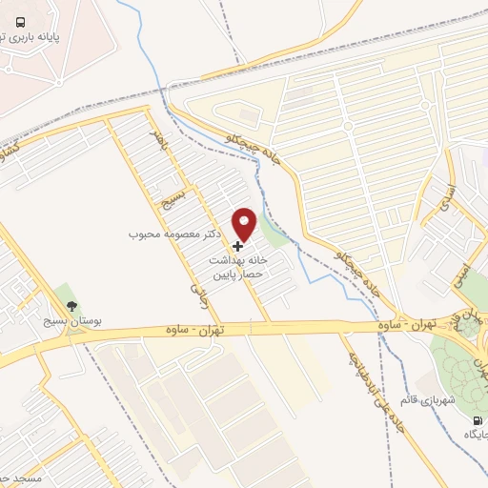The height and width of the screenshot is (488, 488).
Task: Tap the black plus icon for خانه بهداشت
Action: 237,246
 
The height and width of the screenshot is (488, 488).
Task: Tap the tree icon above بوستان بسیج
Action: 71,306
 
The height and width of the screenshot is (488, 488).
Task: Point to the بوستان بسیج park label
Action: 71,323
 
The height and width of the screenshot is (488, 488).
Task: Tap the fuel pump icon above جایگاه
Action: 475,419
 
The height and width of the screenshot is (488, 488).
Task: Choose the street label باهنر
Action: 159,140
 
